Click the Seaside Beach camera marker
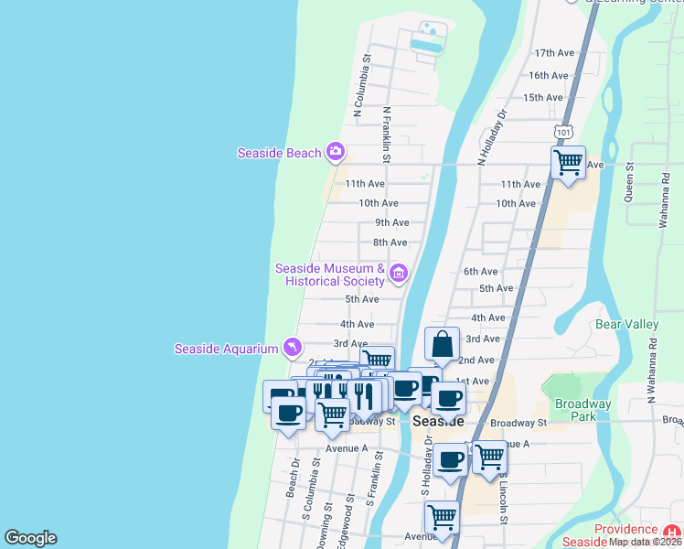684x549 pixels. click(336, 151)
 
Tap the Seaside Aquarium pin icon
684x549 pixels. click(292, 347)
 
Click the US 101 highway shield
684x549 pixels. click(564, 134)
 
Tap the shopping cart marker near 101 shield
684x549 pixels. click(569, 164)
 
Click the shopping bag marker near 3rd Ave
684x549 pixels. click(442, 345)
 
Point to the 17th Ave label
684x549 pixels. click(552, 53)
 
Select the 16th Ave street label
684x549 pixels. click(549, 75)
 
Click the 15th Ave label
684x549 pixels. click(543, 97)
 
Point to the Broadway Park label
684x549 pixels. click(582, 410)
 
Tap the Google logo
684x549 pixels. click(30, 538)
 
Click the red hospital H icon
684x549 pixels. click(672, 533)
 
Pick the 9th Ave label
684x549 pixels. click(391, 222)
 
